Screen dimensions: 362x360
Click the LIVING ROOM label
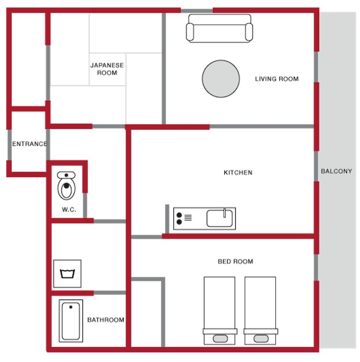277,79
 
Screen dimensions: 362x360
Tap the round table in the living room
221,79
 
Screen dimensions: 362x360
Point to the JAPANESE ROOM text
107,69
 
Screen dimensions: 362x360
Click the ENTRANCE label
30,144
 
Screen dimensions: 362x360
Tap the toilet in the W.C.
66,186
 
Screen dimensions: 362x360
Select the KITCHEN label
238,172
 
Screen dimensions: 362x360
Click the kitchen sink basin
219,219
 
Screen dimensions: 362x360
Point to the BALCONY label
336,171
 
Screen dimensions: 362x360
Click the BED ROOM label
235,261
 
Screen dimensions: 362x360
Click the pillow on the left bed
220,339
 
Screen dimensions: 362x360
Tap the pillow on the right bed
260,339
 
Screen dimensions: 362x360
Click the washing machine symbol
67,274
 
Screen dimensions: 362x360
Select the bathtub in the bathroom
71,321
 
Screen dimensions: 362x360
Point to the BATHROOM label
106,320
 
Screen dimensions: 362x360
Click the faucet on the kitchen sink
225,213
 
